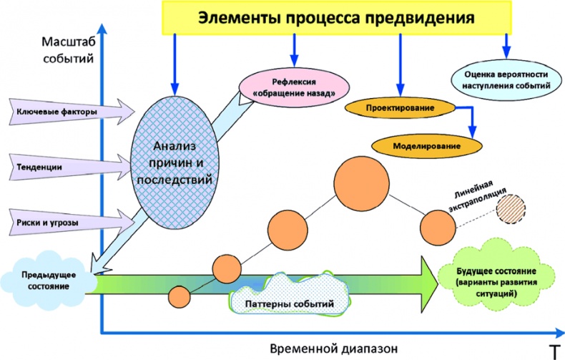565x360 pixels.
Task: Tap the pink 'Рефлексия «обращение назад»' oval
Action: pos(294,87)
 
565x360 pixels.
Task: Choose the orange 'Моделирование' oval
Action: pos(427,145)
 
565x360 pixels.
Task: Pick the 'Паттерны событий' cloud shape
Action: pos(290,302)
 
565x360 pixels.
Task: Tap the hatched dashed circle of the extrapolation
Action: pos(514,209)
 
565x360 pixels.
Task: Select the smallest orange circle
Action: pos(179,295)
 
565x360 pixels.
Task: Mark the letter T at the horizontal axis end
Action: pos(554,350)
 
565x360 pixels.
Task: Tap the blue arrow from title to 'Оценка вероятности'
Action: pos(506,47)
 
